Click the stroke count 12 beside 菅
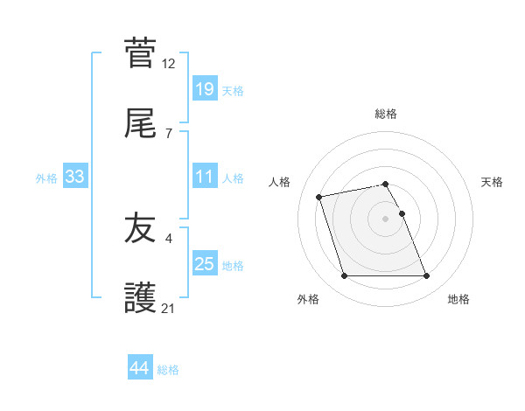169,63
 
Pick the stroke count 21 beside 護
169,308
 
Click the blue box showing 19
204,89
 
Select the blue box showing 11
204,177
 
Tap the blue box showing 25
204,264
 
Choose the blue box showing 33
74,178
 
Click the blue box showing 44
139,368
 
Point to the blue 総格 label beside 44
168,370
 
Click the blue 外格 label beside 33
46,178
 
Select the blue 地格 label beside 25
233,266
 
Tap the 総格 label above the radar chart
386,114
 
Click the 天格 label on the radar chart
492,182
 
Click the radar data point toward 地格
426,276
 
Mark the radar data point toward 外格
345,276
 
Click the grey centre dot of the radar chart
386,219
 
